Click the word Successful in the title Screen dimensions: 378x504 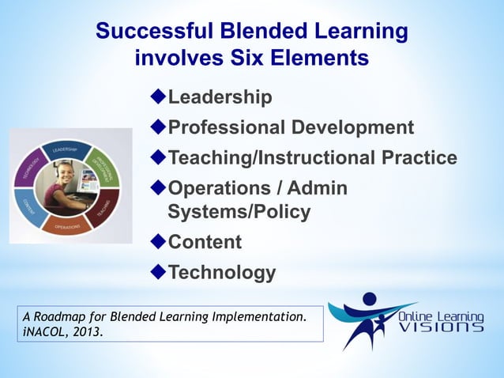(x=155, y=32)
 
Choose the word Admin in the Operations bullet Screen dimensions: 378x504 (x=319, y=189)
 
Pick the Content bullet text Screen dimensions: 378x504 (x=205, y=242)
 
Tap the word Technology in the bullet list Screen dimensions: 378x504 (x=222, y=273)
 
